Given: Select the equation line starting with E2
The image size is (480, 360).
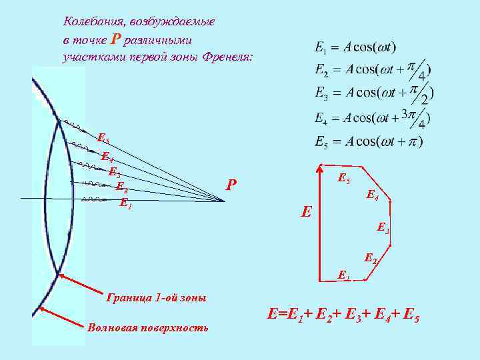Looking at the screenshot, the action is (372, 69).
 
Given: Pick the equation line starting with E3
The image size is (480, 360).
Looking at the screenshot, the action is (372, 92).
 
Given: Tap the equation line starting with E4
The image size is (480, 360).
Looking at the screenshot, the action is (372, 118).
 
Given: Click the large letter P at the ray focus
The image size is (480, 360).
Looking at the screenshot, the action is (231, 185).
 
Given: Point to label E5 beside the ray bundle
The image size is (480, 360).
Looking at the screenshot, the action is (103, 139).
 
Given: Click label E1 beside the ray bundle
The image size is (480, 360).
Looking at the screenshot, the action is (125, 203).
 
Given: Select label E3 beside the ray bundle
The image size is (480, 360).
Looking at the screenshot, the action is (114, 173).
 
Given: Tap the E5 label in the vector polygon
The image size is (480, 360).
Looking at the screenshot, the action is (344, 178).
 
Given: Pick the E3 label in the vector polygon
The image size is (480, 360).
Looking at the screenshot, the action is (383, 227).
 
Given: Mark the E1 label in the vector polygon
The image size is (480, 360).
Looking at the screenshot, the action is (344, 273).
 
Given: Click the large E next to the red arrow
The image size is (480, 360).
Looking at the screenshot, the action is (306, 213).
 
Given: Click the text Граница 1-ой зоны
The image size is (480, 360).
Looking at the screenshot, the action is (157, 297).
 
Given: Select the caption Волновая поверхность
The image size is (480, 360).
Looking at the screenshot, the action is (147, 327).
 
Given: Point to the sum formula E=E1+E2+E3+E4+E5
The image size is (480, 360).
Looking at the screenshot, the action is (343, 313).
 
